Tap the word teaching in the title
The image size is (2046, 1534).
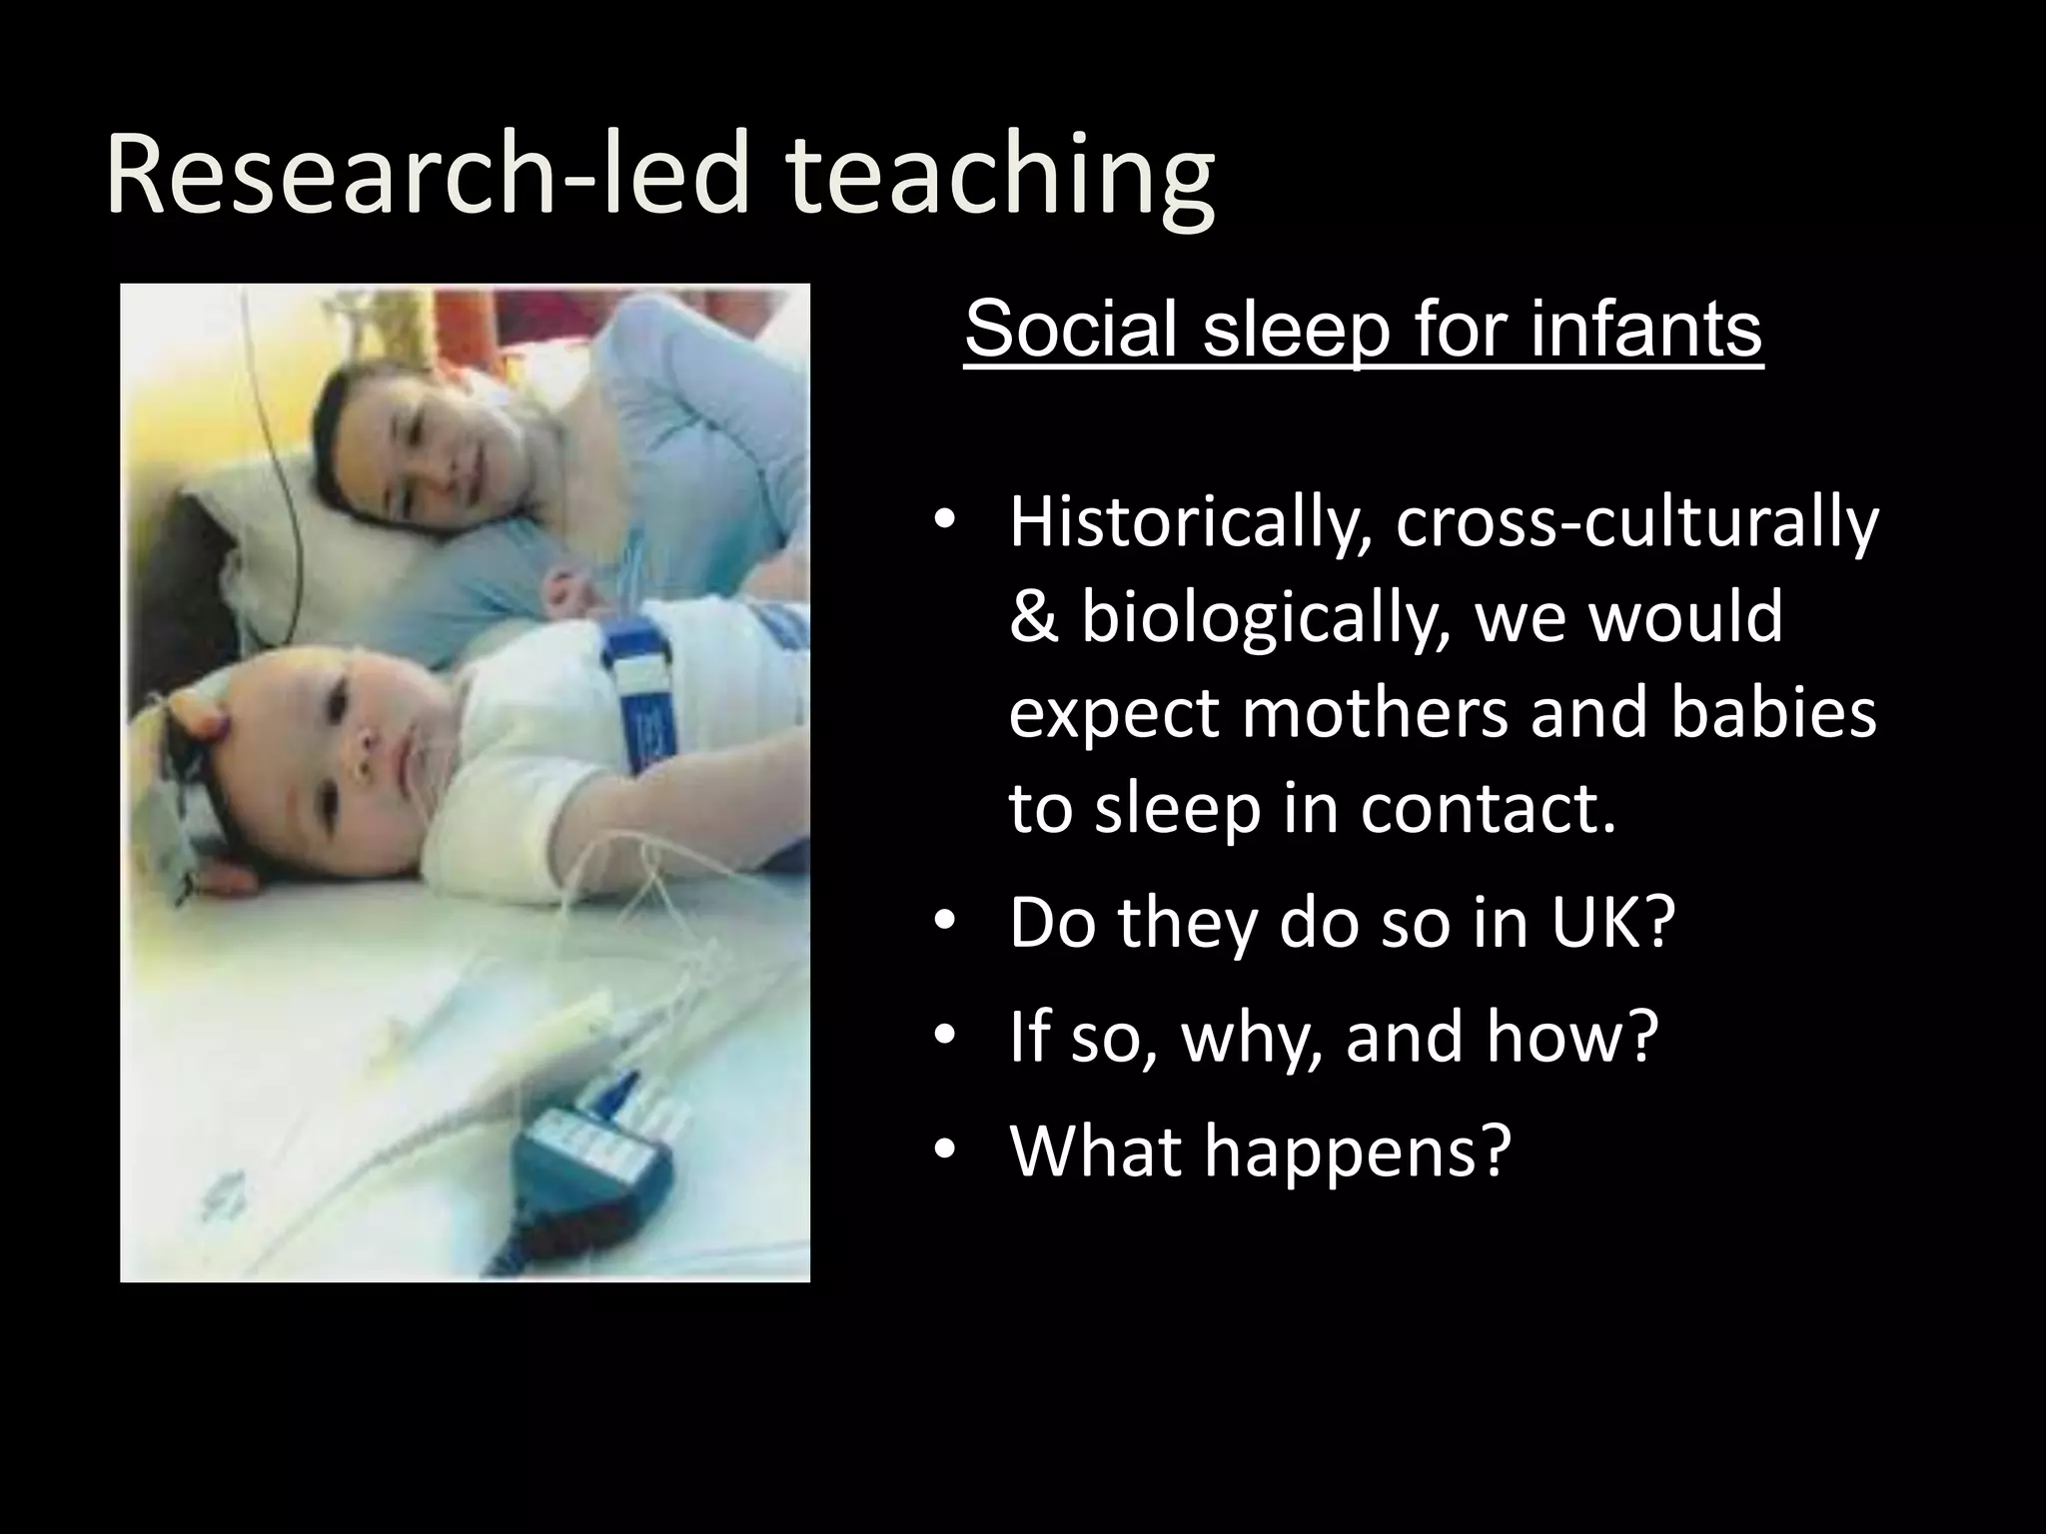click(999, 178)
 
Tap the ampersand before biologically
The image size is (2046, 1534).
click(1033, 616)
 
